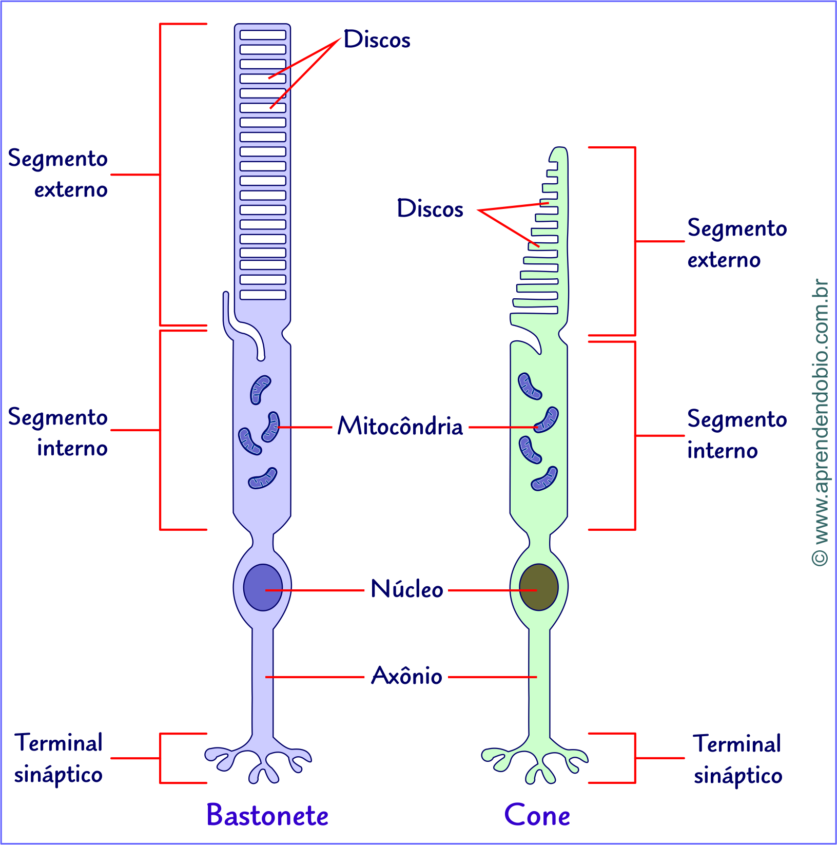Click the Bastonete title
pyautogui.click(x=267, y=815)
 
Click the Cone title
pyautogui.click(x=537, y=815)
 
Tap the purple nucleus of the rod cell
pyautogui.click(x=263, y=587)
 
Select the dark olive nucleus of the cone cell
pyautogui.click(x=538, y=587)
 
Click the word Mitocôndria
pyautogui.click(x=400, y=426)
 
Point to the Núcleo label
pyautogui.click(x=406, y=589)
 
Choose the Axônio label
pyautogui.click(x=406, y=676)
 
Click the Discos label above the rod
pyautogui.click(x=377, y=40)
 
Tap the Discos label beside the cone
pyautogui.click(x=430, y=209)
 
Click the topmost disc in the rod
pyautogui.click(x=263, y=35)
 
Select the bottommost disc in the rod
pyautogui.click(x=263, y=295)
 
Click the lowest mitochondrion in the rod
pyautogui.click(x=263, y=478)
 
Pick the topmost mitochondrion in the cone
pyautogui.click(x=530, y=386)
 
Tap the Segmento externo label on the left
pyautogui.click(x=58, y=174)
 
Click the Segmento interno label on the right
pyautogui.click(x=736, y=435)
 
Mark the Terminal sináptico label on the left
pyautogui.click(x=59, y=758)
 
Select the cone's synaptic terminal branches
pyautogui.click(x=535, y=760)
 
